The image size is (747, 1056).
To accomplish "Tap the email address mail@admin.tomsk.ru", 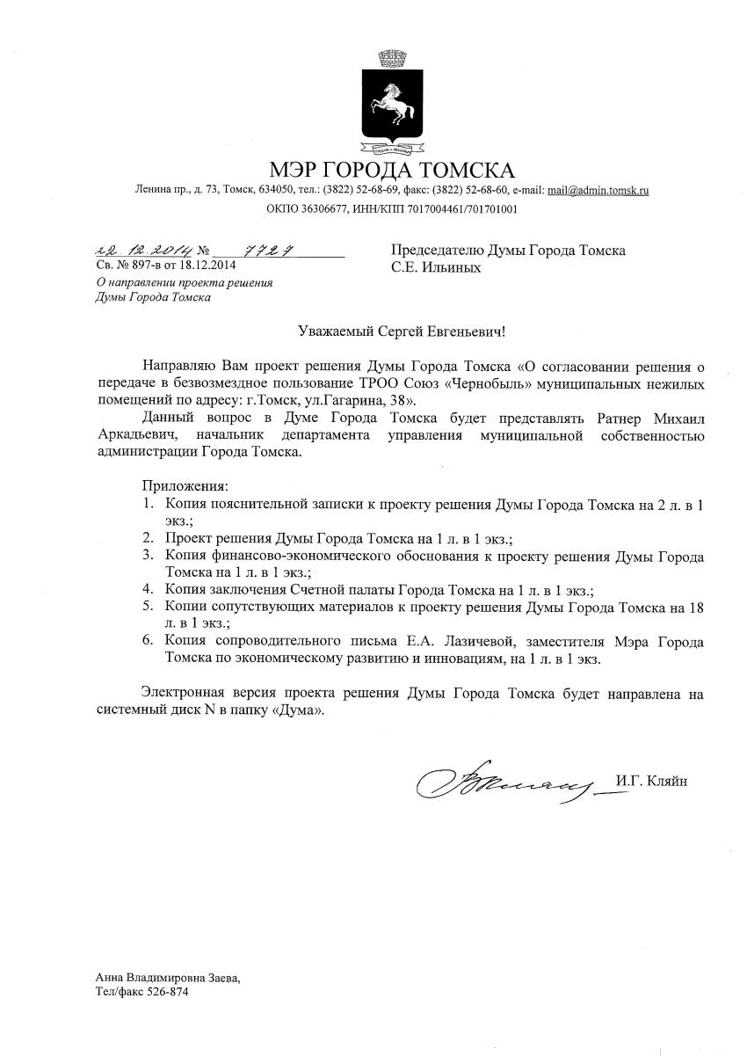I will coord(598,190).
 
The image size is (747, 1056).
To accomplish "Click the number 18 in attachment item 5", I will coord(697,607).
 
